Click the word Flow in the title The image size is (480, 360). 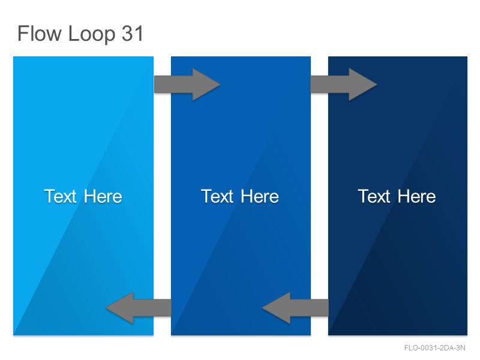(x=40, y=33)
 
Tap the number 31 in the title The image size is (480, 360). (x=133, y=34)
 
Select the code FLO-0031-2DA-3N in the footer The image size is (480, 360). (x=434, y=348)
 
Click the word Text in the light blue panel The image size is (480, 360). (x=60, y=196)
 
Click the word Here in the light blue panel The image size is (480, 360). (x=103, y=196)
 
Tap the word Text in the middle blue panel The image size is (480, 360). (x=217, y=196)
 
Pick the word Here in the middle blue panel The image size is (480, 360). (x=260, y=196)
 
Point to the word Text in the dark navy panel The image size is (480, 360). (x=374, y=196)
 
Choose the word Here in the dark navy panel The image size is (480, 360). (x=417, y=196)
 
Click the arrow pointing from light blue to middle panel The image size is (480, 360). (x=187, y=85)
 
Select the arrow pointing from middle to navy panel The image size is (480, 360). (x=344, y=85)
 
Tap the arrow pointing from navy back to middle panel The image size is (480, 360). (x=295, y=308)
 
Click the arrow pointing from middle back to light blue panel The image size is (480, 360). (x=139, y=308)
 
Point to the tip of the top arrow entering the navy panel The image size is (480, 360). (x=377, y=85)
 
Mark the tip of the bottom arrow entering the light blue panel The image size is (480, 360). (x=106, y=308)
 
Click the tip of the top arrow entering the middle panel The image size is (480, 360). (x=220, y=85)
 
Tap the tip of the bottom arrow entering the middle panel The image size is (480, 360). (x=262, y=308)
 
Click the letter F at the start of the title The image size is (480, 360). (x=23, y=34)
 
